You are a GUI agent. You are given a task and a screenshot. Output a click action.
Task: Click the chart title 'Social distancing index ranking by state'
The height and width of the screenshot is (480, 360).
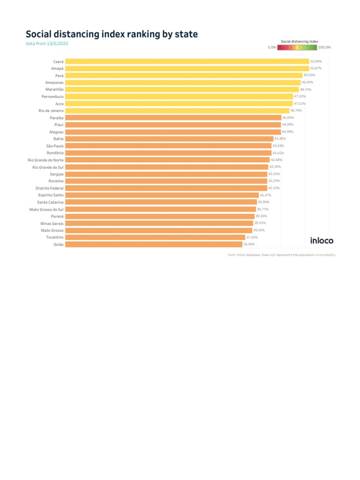point(112,34)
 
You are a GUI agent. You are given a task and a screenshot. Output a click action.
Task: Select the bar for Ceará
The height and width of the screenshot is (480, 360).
point(187,61)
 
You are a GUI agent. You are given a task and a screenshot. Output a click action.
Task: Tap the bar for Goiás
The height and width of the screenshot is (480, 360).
point(153,244)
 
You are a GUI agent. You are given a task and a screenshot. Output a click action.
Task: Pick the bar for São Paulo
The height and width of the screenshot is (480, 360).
point(168,146)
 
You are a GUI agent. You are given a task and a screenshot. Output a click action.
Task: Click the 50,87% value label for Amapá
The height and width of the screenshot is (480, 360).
point(316,68)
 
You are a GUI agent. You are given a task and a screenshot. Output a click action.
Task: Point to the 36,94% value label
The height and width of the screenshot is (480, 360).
point(249,244)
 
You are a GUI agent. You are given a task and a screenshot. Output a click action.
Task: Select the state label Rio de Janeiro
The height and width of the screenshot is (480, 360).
point(51,111)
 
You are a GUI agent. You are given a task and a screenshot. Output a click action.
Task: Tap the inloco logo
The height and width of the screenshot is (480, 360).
point(322,240)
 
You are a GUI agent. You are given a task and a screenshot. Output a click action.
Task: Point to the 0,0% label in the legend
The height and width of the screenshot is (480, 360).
point(272,47)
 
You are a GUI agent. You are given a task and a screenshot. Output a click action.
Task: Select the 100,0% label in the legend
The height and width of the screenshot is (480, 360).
point(324,47)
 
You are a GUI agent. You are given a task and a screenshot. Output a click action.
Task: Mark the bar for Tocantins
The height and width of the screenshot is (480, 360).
point(155,237)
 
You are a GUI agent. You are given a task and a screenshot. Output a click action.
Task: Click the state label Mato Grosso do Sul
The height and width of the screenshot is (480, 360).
point(46,209)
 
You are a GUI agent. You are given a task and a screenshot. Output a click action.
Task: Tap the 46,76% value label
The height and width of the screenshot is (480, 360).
point(296,111)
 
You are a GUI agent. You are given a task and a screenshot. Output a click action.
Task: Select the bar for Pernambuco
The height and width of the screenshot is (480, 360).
point(179,97)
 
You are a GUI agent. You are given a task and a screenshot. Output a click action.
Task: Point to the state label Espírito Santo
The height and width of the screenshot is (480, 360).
point(51,195)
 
